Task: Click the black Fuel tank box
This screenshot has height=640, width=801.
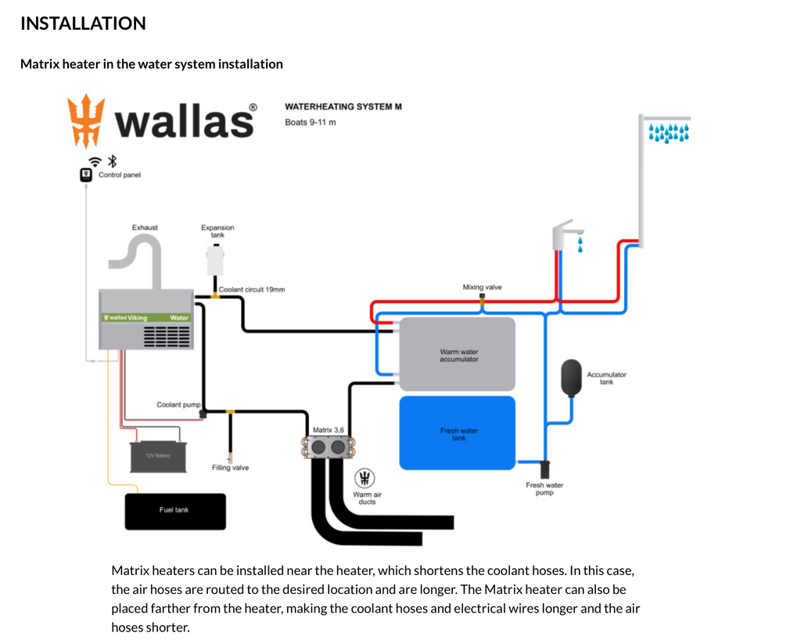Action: pyautogui.click(x=175, y=511)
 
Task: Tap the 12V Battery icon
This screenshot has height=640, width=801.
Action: pyautogui.click(x=159, y=456)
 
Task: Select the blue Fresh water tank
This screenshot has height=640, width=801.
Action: pyautogui.click(x=458, y=433)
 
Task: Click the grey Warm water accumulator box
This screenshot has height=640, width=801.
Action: pyautogui.click(x=458, y=354)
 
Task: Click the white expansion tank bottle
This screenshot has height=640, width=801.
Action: pyautogui.click(x=215, y=258)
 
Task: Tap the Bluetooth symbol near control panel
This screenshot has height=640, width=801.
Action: pyautogui.click(x=112, y=161)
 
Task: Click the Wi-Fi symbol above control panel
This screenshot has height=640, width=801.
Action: pyautogui.click(x=95, y=161)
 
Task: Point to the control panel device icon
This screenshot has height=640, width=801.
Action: pyautogui.click(x=87, y=175)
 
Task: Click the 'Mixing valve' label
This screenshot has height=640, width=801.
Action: pyautogui.click(x=482, y=287)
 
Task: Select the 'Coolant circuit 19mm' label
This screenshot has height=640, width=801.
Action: pyautogui.click(x=252, y=289)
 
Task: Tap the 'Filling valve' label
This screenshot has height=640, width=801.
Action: pyautogui.click(x=230, y=468)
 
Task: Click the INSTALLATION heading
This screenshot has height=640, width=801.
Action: pyautogui.click(x=83, y=23)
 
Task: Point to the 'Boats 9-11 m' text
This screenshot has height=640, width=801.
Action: pyautogui.click(x=311, y=122)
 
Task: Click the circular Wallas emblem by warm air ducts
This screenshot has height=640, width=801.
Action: pyautogui.click(x=364, y=478)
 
